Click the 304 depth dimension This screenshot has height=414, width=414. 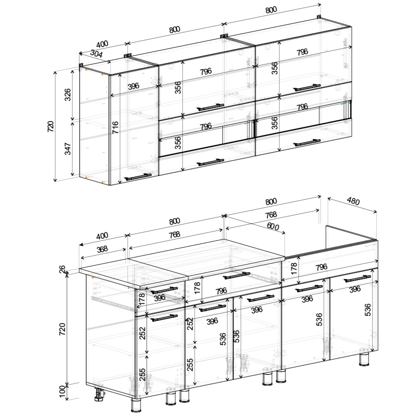point(96,54)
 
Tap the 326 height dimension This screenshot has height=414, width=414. point(67,95)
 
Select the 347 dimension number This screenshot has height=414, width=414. point(67,148)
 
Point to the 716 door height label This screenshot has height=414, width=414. point(115,127)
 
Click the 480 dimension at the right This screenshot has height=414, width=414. point(353,202)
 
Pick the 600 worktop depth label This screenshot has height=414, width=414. point(273,226)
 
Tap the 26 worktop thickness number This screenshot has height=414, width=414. point(62,269)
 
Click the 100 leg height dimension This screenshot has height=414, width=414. point(62,391)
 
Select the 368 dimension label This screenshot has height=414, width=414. point(102,249)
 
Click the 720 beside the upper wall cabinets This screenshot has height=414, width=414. point(50,127)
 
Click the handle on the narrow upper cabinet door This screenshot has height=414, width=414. point(138,177)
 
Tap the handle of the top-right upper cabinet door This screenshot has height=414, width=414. point(307,88)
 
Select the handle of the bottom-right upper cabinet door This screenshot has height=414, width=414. point(307,142)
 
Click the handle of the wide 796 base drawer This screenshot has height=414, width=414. point(237,275)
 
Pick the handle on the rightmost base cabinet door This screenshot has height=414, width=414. point(357,279)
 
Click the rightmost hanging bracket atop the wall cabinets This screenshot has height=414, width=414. point(319,17)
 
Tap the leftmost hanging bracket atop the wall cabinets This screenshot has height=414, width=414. point(81,65)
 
